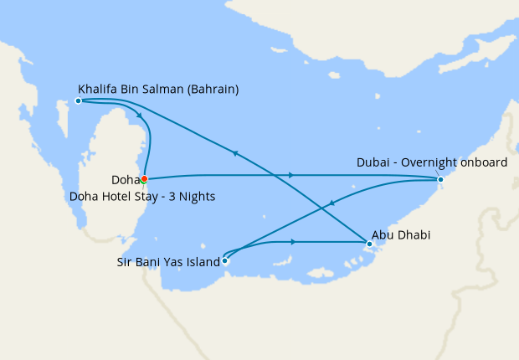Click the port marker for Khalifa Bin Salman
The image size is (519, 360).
click(x=78, y=100)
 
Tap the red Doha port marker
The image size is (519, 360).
click(x=144, y=178)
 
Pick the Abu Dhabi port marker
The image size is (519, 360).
click(x=368, y=244)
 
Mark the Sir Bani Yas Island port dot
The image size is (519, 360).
click(x=224, y=260)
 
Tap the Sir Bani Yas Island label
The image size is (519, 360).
click(x=167, y=261)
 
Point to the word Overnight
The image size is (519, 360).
click(x=428, y=162)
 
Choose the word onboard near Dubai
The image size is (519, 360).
click(x=483, y=162)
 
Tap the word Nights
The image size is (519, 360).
click(x=198, y=197)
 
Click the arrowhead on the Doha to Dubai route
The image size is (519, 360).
click(x=291, y=175)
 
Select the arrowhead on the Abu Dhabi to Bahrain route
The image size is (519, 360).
click(x=236, y=153)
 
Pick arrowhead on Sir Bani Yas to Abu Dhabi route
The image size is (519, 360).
click(x=294, y=242)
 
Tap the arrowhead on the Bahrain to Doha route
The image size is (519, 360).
click(x=138, y=116)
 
